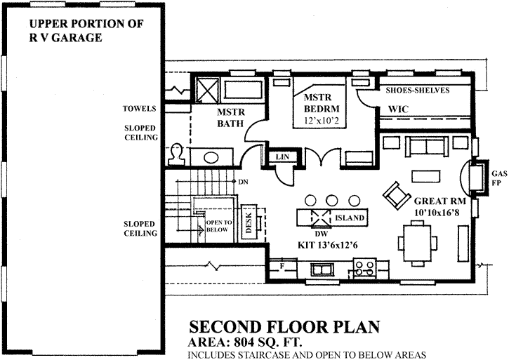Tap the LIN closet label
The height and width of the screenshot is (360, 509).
pyautogui.click(x=282, y=156)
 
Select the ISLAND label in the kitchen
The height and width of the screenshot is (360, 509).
pyautogui.click(x=350, y=218)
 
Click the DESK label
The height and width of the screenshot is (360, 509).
pyautogui.click(x=248, y=221)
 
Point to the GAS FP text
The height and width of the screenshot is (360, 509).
pyautogui.click(x=499, y=180)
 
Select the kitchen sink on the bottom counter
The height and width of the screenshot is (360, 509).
pyautogui.click(x=324, y=269)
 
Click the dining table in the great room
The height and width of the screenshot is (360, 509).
pyautogui.click(x=420, y=240)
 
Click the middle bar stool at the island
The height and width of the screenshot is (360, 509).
pyautogui.click(x=333, y=199)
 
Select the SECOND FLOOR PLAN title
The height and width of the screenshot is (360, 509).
pyautogui.click(x=284, y=327)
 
